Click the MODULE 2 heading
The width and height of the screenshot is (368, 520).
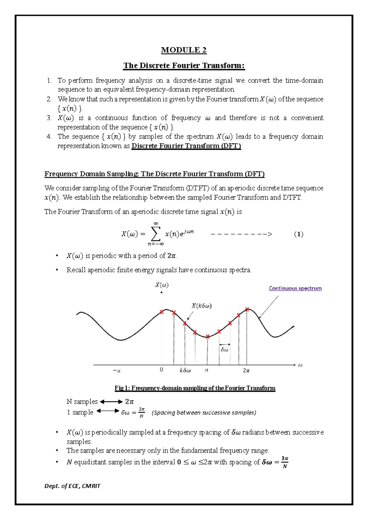pyautogui.click(x=184, y=50)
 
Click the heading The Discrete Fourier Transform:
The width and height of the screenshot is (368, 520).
pyautogui.click(x=184, y=66)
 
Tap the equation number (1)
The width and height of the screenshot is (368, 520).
pyautogui.click(x=298, y=234)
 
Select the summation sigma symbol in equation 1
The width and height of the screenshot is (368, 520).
pyautogui.click(x=155, y=235)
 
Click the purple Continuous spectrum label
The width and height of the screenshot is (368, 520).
pyautogui.click(x=295, y=288)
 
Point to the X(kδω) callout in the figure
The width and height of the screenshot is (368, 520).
pyautogui.click(x=201, y=306)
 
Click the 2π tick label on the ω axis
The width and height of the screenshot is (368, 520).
pyautogui.click(x=246, y=370)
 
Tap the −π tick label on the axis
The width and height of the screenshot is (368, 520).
pyautogui.click(x=117, y=370)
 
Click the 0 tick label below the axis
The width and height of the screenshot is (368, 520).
pyautogui.click(x=162, y=370)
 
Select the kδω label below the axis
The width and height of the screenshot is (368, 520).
pyautogui.click(x=185, y=370)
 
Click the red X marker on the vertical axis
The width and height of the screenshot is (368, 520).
pyautogui.click(x=162, y=312)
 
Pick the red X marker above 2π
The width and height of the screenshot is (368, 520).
pyautogui.click(x=247, y=309)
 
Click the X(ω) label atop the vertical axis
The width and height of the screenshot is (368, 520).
pyautogui.click(x=162, y=285)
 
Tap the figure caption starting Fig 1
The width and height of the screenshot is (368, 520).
pyautogui.click(x=195, y=388)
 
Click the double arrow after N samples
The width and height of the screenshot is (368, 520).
pyautogui.click(x=111, y=402)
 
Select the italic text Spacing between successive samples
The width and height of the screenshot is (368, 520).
pyautogui.click(x=204, y=413)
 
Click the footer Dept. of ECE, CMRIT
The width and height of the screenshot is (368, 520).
pyautogui.click(x=72, y=486)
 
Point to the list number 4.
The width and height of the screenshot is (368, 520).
pyautogui.click(x=49, y=136)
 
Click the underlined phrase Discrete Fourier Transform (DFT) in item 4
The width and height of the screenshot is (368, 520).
pyautogui.click(x=186, y=146)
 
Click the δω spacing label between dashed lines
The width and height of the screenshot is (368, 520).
pyautogui.click(x=224, y=350)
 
